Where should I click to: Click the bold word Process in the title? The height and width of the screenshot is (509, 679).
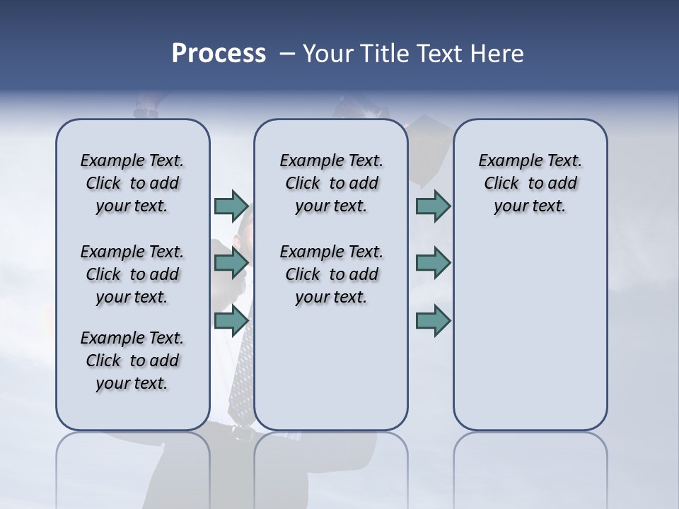point(219,54)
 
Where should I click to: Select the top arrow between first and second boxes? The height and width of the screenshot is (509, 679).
point(231,206)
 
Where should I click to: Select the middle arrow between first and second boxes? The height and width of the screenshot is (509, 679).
point(231,263)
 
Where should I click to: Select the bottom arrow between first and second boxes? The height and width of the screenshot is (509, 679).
point(231,321)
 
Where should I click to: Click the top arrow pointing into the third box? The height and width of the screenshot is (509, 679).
point(433,206)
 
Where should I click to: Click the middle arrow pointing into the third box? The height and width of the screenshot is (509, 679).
point(433,263)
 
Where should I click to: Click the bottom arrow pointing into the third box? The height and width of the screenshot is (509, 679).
point(433,321)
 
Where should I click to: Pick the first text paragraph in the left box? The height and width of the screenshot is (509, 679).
point(132,183)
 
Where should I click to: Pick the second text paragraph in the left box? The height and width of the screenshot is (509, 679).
point(132,274)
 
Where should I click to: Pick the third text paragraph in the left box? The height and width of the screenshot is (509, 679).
point(132,361)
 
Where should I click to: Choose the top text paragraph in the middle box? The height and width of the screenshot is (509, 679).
point(331,183)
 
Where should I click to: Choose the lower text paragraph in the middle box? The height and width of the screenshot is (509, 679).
point(331,274)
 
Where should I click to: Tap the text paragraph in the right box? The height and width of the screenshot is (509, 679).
point(530,183)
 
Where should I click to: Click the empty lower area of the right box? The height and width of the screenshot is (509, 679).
point(530,339)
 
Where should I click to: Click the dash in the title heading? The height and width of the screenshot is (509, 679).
point(286,54)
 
